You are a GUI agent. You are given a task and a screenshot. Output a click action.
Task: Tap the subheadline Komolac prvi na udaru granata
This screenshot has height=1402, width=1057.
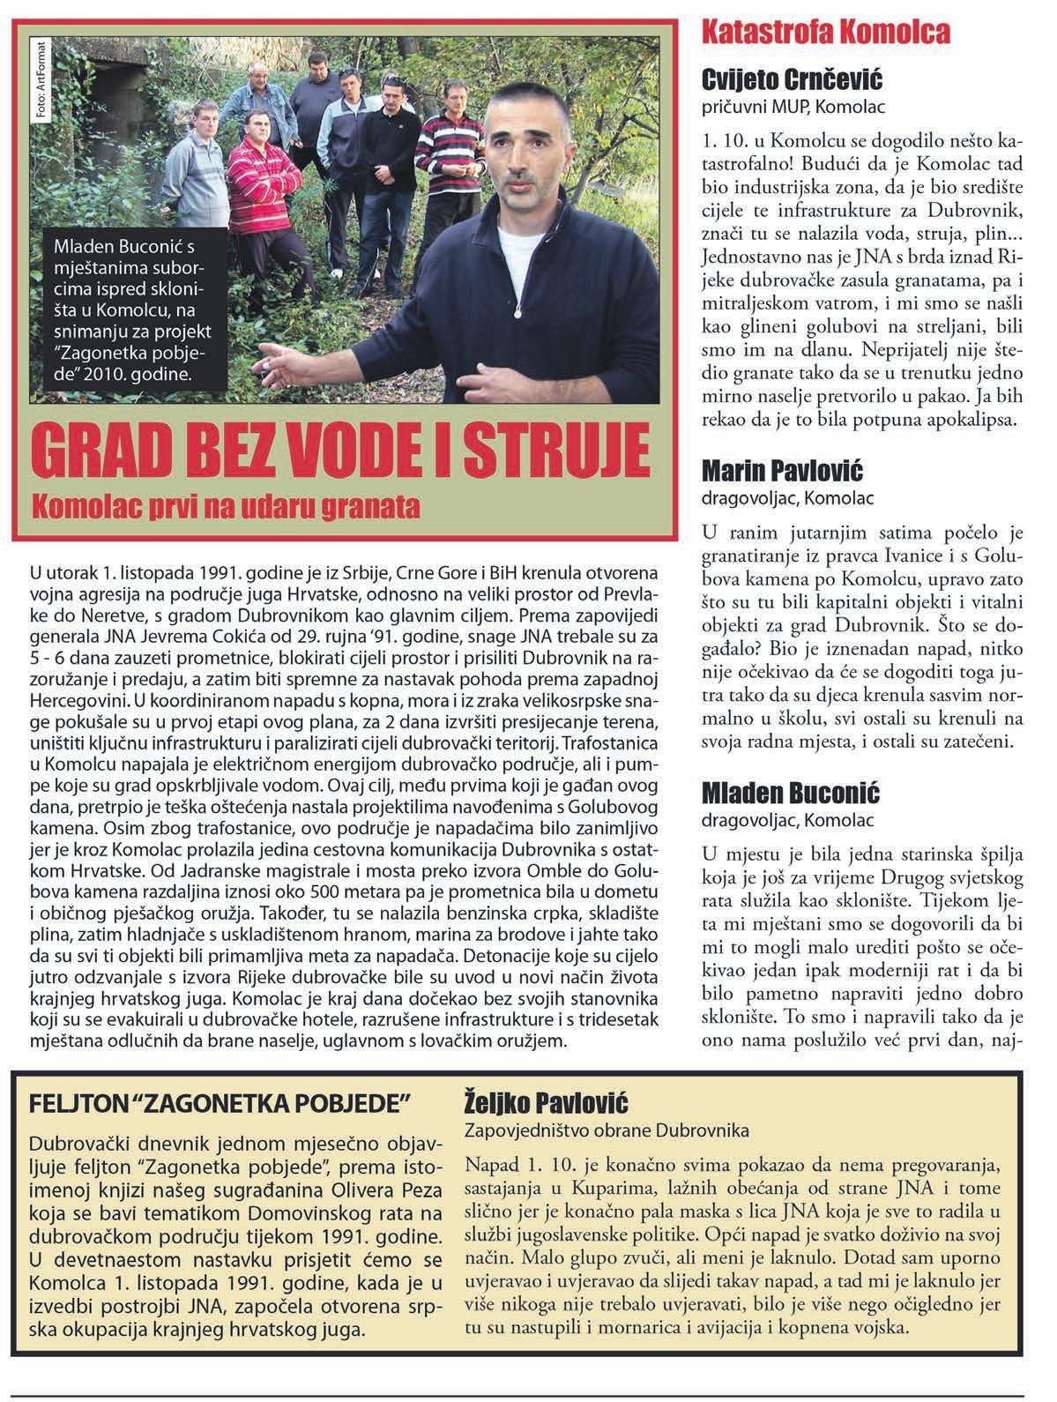tap(224, 508)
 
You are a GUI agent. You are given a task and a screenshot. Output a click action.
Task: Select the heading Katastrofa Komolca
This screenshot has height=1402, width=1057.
tap(825, 34)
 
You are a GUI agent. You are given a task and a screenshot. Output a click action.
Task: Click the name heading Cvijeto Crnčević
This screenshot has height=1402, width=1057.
tap(792, 80)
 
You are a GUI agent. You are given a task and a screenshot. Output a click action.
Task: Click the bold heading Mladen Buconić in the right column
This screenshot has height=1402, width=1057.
tap(791, 794)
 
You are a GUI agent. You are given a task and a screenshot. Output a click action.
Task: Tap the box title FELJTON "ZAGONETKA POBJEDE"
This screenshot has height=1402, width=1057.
tap(221, 1103)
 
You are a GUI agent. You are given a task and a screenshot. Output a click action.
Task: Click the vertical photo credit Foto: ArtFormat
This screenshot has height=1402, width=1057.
tap(40, 80)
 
